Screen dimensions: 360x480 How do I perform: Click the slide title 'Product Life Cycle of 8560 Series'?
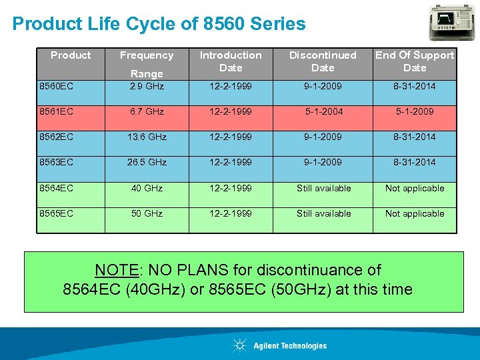pyautogui.click(x=159, y=25)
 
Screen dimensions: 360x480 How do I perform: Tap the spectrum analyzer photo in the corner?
pyautogui.click(x=453, y=22)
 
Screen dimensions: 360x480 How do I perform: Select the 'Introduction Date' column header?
pyautogui.click(x=231, y=61)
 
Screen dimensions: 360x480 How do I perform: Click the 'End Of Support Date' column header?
pyautogui.click(x=414, y=61)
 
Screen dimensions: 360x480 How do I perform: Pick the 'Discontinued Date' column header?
pyautogui.click(x=323, y=61)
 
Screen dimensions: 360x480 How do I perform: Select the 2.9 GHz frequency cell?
pyautogui.click(x=147, y=86)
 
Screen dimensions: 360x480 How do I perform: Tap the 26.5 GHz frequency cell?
pyautogui.click(x=147, y=162)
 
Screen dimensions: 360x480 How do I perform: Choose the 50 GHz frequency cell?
pyautogui.click(x=147, y=213)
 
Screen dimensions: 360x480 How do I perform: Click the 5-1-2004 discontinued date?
pyautogui.click(x=323, y=111)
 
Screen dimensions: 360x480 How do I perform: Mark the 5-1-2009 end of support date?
pyautogui.click(x=414, y=111)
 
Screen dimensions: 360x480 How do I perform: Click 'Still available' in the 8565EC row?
pyautogui.click(x=323, y=213)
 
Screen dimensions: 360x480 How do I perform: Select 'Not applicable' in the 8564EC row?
pyautogui.click(x=414, y=188)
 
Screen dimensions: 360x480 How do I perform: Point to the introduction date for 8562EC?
pyautogui.click(x=231, y=137)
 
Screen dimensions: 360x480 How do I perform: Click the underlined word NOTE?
pyautogui.click(x=116, y=270)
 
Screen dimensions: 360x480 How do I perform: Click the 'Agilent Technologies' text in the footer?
pyautogui.click(x=290, y=345)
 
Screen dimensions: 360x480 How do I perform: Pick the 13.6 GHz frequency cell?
pyautogui.click(x=147, y=137)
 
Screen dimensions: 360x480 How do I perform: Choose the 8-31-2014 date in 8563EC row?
pyautogui.click(x=414, y=162)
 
